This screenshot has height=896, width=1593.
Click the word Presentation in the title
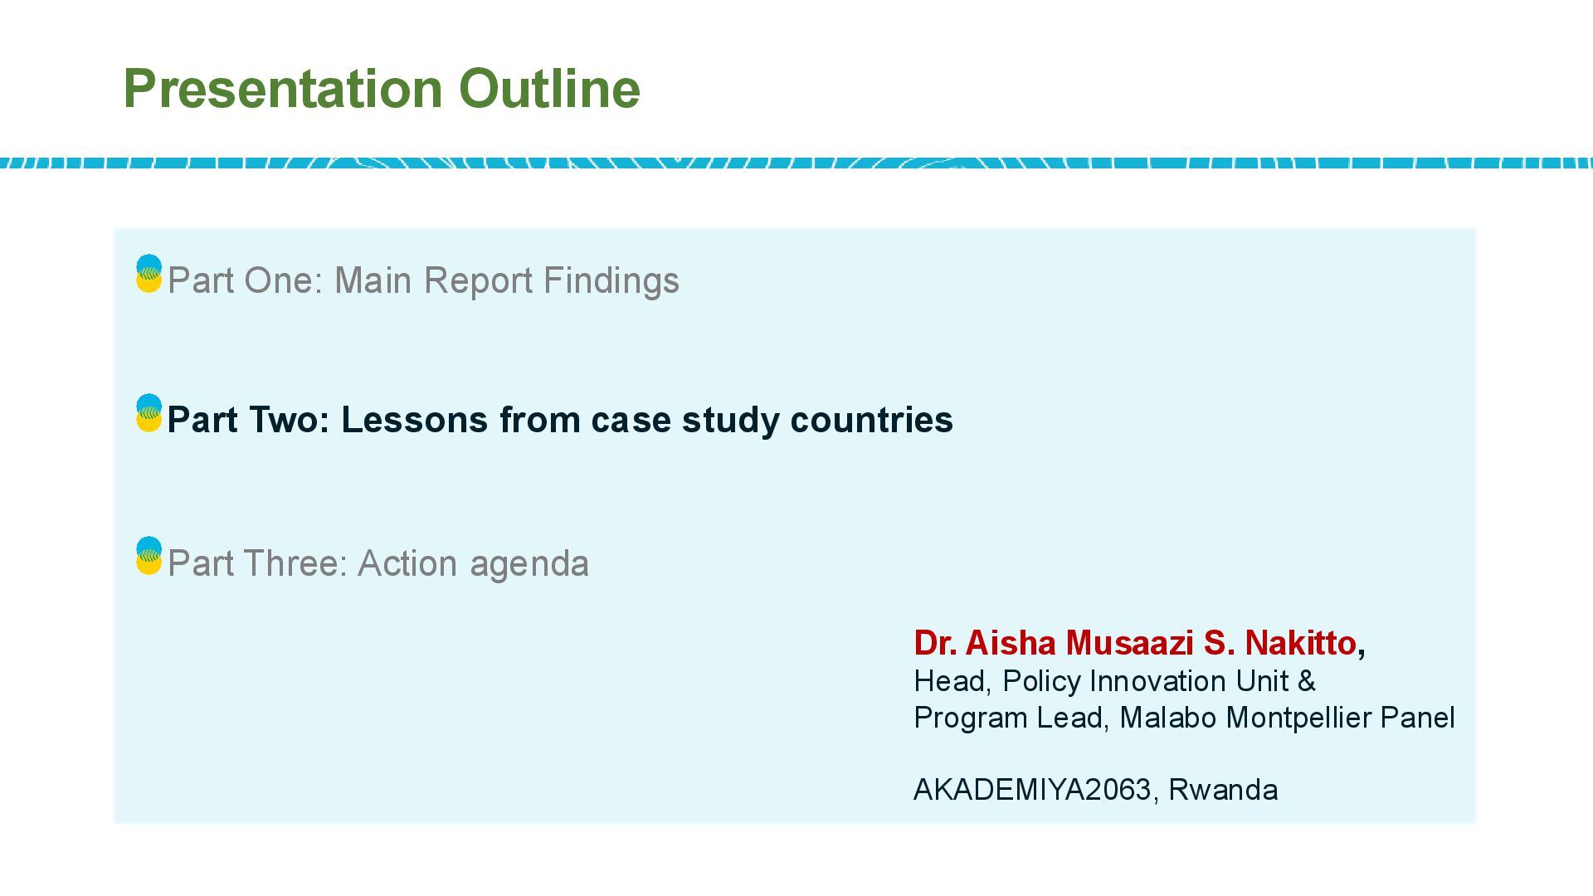point(282,89)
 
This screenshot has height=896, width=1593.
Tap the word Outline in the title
point(549,89)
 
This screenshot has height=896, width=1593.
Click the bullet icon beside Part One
point(149,274)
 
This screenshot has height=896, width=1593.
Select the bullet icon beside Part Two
point(149,413)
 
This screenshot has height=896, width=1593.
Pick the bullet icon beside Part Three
point(149,556)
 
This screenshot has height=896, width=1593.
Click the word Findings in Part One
point(611,281)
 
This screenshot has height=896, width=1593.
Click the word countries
point(871,421)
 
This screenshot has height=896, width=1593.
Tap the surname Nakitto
point(1301,643)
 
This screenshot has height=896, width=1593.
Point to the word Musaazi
point(1130,643)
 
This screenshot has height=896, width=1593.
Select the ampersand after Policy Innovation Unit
point(1307,681)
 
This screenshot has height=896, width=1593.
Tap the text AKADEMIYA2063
point(1032,790)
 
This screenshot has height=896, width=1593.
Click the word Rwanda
point(1223,790)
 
